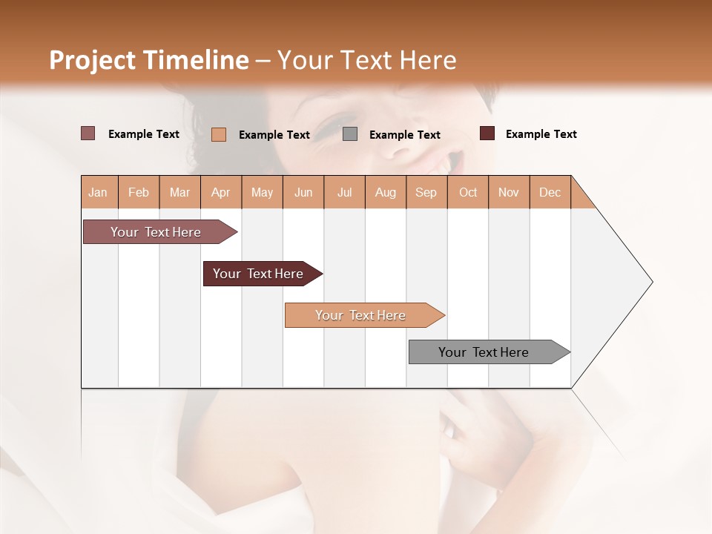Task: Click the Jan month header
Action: point(99,192)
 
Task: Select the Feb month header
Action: point(139,192)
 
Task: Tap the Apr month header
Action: point(221,192)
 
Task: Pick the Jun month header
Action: point(303,192)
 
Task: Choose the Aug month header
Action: point(386,192)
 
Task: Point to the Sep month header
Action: point(426,192)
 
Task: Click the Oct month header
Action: point(468,192)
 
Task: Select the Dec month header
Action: point(550,192)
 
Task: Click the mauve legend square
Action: point(88,133)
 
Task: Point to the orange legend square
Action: point(219,134)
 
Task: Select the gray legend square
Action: point(350,134)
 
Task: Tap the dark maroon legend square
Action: point(487,133)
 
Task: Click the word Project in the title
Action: point(93,60)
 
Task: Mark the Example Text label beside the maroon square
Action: point(541,134)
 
